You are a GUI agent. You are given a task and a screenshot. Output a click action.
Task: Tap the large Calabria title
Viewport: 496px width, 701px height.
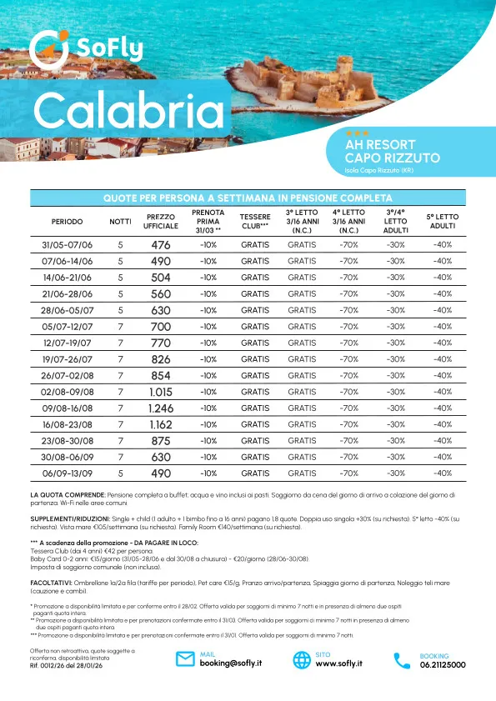(130, 112)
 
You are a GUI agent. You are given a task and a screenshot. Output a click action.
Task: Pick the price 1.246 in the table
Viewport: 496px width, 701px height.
(160, 408)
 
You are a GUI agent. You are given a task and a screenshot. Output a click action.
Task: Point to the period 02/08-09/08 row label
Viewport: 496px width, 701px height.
(68, 392)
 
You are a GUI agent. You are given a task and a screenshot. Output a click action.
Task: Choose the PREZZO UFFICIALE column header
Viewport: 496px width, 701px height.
(160, 222)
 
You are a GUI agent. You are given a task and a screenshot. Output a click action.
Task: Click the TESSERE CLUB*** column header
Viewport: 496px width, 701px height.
(255, 222)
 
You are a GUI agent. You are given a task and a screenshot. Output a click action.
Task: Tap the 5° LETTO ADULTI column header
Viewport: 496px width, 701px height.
(442, 222)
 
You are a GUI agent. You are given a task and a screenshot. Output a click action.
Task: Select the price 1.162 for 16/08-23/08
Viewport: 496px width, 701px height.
(160, 424)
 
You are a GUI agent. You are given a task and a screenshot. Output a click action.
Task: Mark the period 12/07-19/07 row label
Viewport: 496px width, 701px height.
(68, 343)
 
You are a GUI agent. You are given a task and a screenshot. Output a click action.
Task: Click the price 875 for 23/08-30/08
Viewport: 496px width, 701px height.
(160, 441)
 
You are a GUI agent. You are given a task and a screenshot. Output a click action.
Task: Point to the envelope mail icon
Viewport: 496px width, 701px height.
(186, 660)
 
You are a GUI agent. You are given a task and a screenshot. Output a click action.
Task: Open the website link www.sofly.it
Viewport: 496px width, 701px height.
(338, 664)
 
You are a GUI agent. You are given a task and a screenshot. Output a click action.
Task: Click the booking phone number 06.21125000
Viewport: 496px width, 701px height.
(443, 664)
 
